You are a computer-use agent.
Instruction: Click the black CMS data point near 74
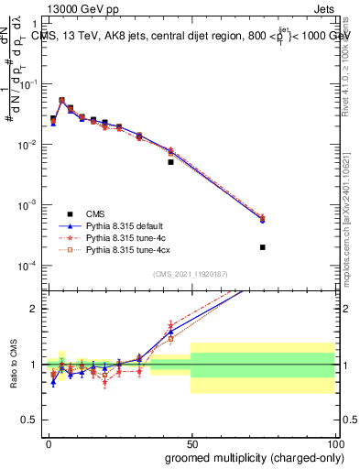point(263,247)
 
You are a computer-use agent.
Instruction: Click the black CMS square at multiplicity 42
point(170,162)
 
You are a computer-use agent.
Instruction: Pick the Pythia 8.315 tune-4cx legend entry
point(121,248)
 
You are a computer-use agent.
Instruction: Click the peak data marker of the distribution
point(61,101)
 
